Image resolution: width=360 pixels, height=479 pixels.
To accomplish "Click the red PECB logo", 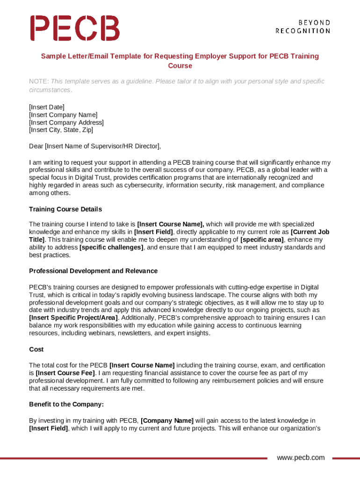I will tap(75, 28).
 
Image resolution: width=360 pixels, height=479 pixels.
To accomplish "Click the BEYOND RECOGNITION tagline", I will tap(302, 27).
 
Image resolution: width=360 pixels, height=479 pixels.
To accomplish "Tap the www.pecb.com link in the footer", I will tap(300, 457).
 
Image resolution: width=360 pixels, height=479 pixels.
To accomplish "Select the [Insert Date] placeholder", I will tap(47, 107).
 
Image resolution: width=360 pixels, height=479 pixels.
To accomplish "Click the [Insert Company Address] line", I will tap(66, 122).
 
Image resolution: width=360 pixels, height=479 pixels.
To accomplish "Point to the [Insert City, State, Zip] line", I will tap(61, 130).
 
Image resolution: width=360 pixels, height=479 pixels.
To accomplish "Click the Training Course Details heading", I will tap(65, 209).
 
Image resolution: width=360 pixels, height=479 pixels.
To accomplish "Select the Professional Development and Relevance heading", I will tap(93, 271).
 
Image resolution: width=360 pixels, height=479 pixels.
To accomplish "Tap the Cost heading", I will tap(36, 349).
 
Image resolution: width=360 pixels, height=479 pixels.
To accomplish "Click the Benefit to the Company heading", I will tap(66, 404).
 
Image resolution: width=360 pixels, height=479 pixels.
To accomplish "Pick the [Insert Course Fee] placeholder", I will tap(65, 373).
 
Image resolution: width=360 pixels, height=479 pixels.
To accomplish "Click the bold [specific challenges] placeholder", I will tap(111, 247).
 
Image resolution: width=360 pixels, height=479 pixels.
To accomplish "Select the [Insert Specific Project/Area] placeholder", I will tap(73, 318).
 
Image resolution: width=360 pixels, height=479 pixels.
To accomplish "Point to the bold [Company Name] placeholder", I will tap(167, 421).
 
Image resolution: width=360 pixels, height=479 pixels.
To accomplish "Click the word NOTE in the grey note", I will tap(38, 81).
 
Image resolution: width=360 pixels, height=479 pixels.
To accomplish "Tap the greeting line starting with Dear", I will tap(95, 146).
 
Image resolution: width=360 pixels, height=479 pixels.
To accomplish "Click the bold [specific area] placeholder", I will tap(262, 240).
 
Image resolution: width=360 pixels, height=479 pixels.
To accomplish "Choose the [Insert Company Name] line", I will tap(63, 115).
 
